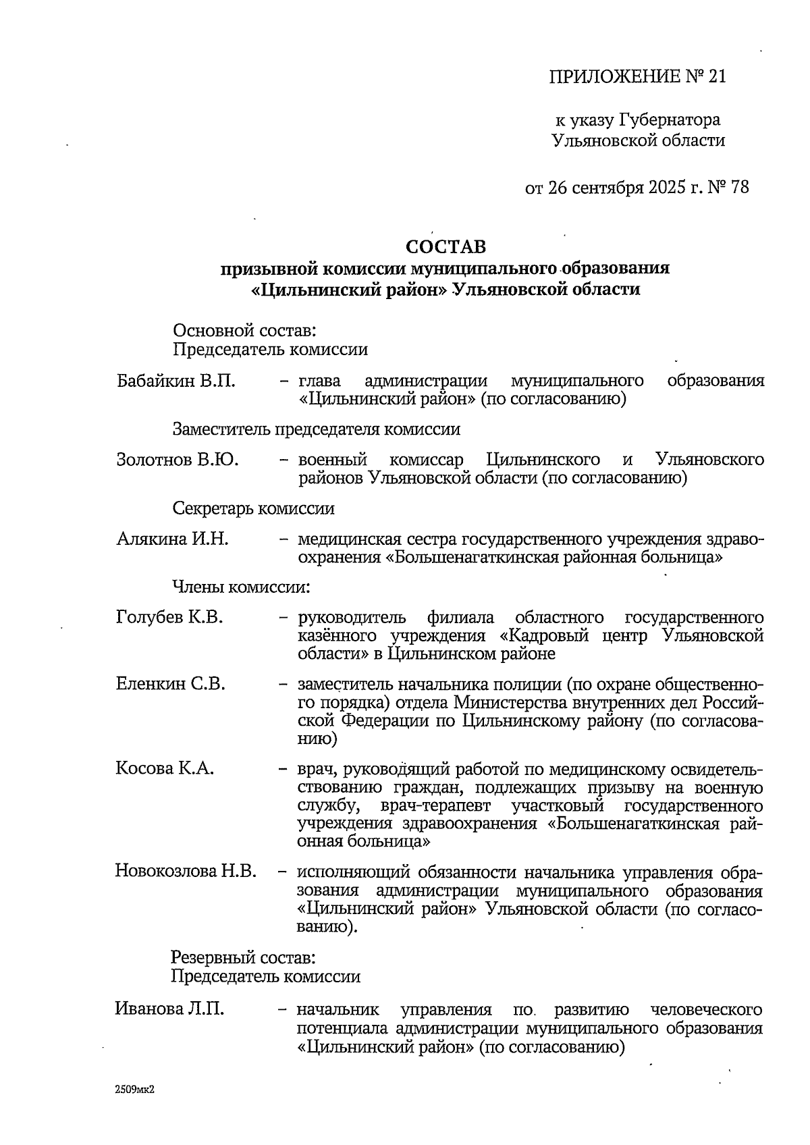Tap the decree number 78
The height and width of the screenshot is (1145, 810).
click(739, 187)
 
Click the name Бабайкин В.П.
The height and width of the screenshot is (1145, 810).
click(176, 381)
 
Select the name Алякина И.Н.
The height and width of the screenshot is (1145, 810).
click(173, 539)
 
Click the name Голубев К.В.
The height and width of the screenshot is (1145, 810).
click(169, 617)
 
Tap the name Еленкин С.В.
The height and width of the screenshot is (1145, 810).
click(171, 684)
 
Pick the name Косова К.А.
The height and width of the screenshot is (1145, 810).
click(165, 768)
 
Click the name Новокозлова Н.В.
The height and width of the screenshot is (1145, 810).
click(186, 871)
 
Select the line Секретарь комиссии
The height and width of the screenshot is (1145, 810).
click(253, 508)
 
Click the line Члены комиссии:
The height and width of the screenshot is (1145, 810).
click(242, 587)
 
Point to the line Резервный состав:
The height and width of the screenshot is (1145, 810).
click(242, 957)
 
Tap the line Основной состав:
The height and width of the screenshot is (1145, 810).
click(245, 331)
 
